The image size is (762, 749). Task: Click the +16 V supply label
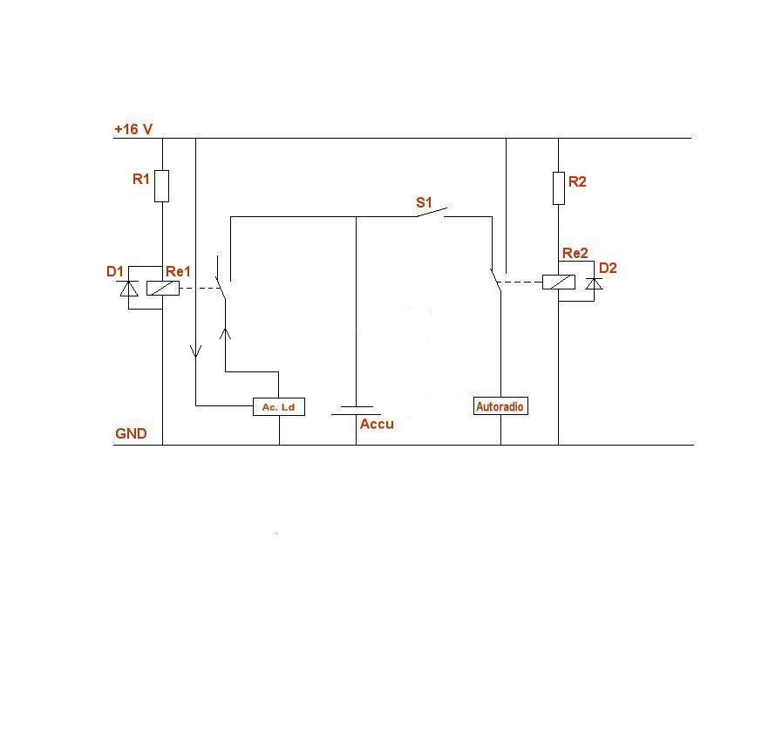point(133,129)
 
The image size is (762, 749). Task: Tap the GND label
point(131,433)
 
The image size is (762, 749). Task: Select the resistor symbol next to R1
point(161,186)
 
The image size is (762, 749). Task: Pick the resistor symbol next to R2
point(559,187)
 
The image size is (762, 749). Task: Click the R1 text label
point(141,179)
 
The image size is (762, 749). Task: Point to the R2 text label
point(577,181)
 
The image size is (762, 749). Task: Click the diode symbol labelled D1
point(129,289)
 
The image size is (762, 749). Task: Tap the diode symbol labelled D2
point(595,283)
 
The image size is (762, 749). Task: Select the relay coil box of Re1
point(163,289)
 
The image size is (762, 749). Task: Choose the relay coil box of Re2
point(558,282)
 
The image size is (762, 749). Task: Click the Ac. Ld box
point(279,407)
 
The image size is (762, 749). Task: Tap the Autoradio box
point(500,406)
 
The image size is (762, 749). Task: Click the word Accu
point(377,425)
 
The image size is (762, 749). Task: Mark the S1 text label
point(424,202)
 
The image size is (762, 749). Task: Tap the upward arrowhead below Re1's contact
point(226,333)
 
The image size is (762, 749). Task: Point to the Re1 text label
point(178,271)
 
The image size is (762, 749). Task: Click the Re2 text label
point(575,254)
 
